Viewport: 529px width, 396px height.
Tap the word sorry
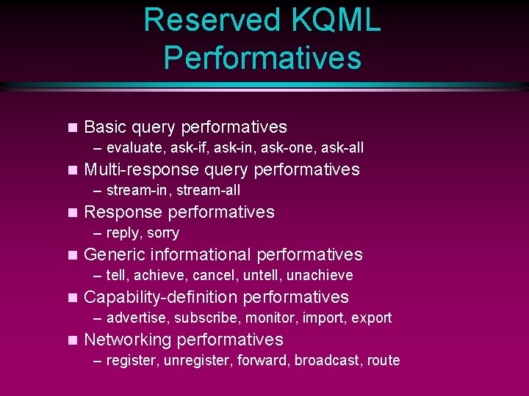pyautogui.click(x=162, y=233)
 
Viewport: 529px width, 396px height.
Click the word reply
pyautogui.click(x=123, y=233)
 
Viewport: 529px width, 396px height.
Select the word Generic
pyautogui.click(x=115, y=254)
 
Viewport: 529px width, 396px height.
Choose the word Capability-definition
pyautogui.click(x=161, y=297)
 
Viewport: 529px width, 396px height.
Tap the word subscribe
pyautogui.click(x=206, y=318)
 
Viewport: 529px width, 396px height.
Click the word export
pyautogui.click(x=371, y=318)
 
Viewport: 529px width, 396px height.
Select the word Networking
pyautogui.click(x=128, y=340)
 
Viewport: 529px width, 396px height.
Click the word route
pyautogui.click(x=384, y=361)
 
